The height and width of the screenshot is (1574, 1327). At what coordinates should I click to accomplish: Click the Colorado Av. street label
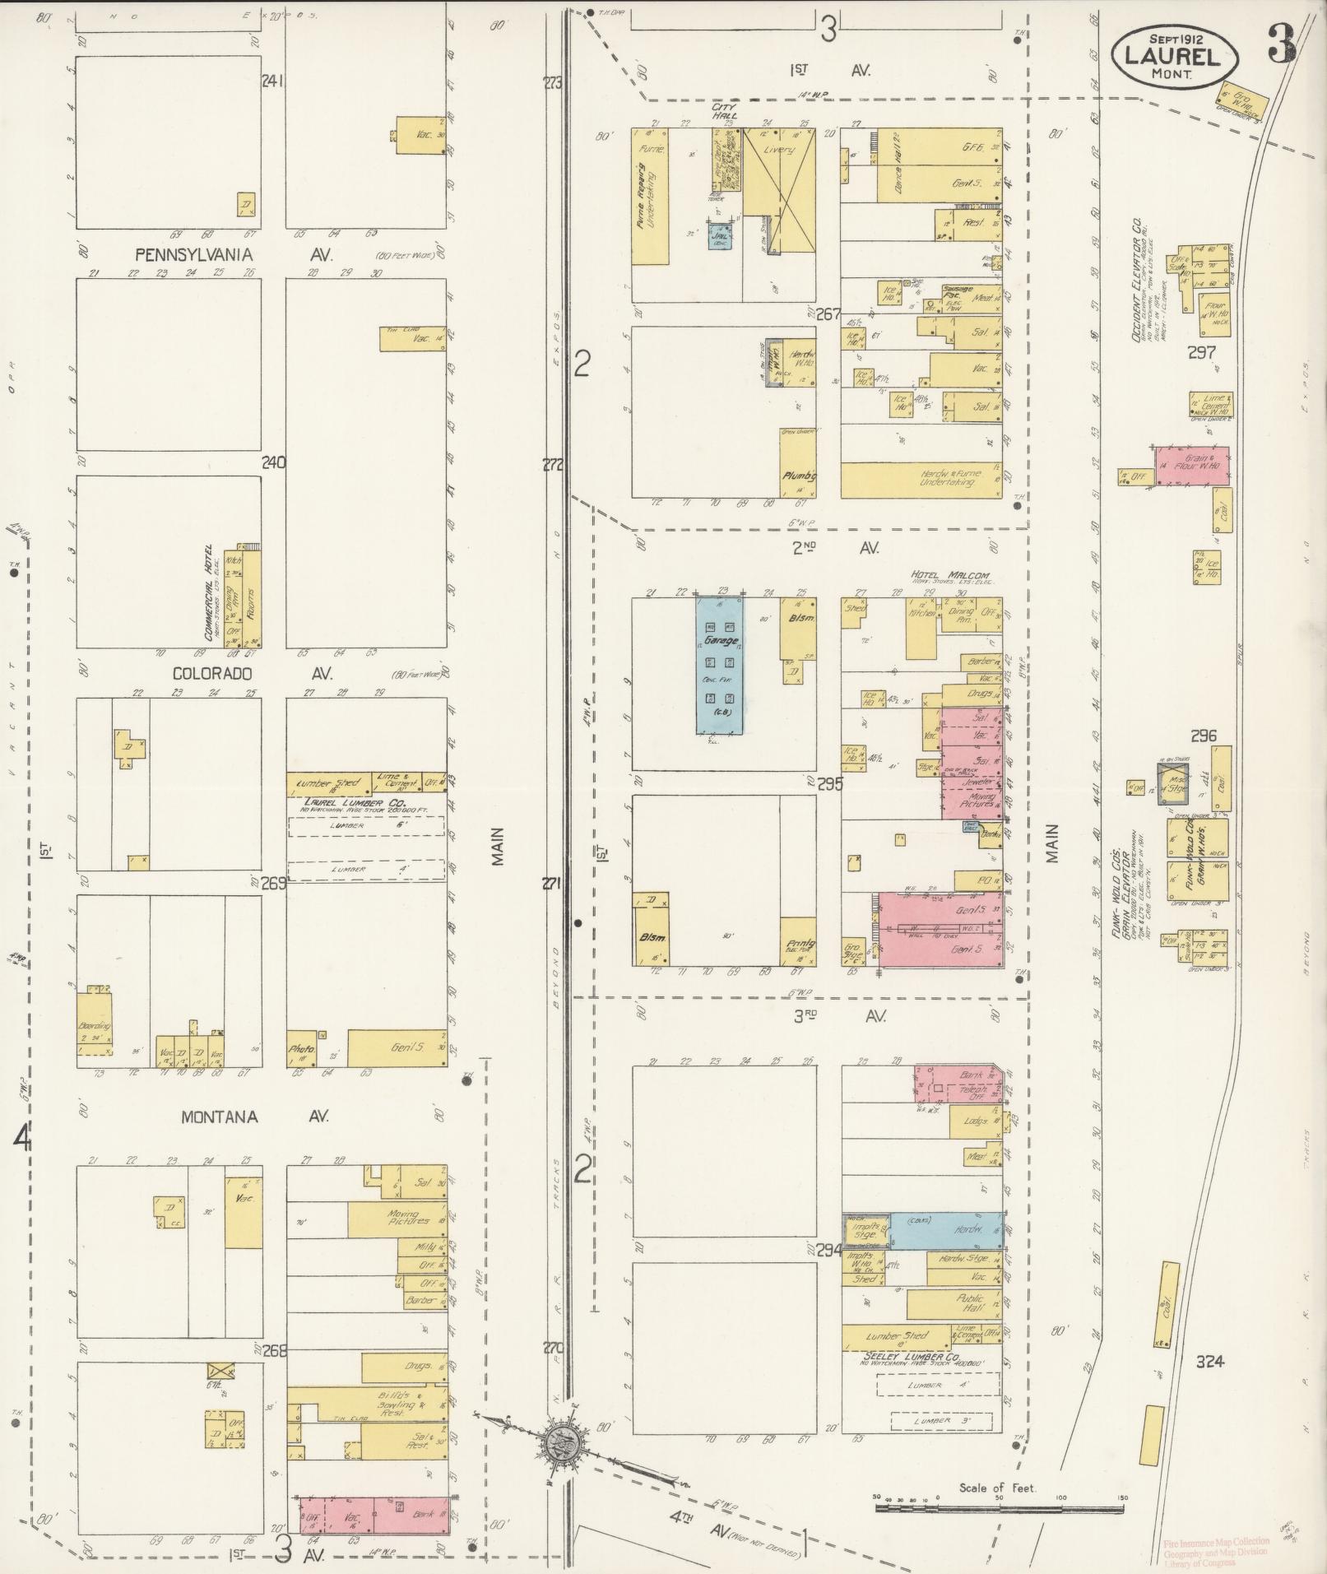pos(252,673)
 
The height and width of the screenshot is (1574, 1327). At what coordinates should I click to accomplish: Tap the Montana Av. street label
pos(254,1117)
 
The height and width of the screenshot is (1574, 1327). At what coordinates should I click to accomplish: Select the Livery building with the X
pos(778,189)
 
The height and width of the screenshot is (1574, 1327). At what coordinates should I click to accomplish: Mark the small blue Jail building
pos(721,237)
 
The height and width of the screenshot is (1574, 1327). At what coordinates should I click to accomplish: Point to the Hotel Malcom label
pos(949,575)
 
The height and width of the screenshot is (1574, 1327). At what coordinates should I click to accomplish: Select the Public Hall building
pos(953,1303)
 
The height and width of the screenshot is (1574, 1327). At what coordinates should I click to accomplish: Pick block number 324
pos(1210,1362)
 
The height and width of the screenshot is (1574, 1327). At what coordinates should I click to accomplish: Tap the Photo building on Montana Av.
pos(301,1050)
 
